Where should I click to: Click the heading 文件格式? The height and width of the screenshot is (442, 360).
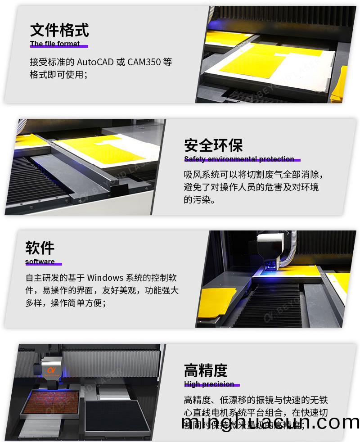(59, 30)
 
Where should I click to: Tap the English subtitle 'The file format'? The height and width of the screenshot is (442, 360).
(55, 44)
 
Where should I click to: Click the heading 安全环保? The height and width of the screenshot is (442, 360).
(213, 145)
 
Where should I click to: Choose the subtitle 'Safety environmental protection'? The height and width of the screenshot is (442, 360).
(239, 159)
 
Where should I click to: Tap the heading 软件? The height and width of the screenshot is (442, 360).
(40, 248)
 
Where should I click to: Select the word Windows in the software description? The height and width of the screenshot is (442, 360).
(105, 278)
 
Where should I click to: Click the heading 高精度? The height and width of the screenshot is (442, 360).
(206, 370)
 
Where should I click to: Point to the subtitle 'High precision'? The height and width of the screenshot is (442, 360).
(209, 384)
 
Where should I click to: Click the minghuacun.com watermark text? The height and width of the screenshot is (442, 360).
(270, 423)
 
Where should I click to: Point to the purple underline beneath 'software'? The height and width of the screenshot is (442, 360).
(44, 265)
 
